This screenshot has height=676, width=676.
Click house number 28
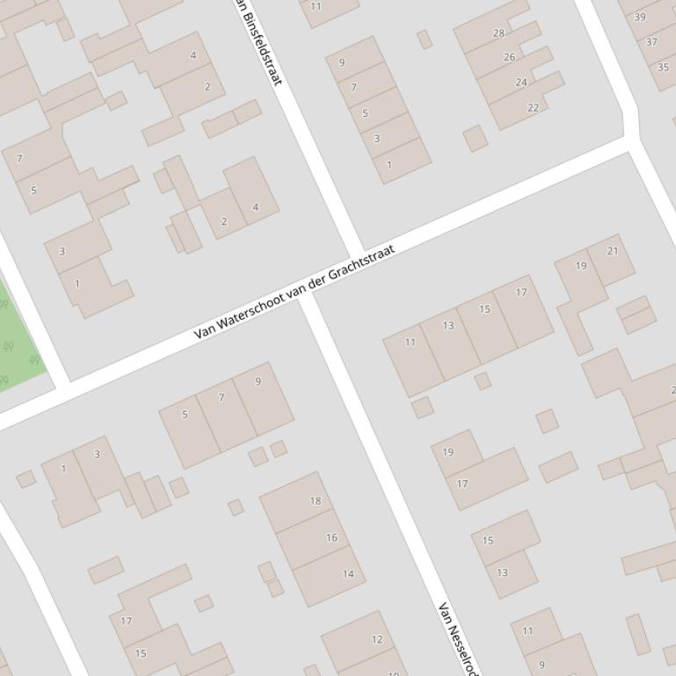pos(498,33)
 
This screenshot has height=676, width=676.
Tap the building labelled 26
pos(509,57)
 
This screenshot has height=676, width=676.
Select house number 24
pos(520,83)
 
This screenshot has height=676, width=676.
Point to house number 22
pos(533,107)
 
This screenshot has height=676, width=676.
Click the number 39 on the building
pos(639,17)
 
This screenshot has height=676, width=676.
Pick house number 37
pos(651,41)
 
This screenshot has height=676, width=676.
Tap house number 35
pos(663,67)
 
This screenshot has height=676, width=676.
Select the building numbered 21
pos(613,251)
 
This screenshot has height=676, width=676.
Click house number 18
pos(316,500)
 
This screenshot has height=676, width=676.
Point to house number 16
pos(331,537)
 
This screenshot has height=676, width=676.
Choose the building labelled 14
pos(348,574)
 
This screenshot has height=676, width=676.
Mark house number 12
pos(377,639)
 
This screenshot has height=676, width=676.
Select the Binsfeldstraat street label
pos(261,48)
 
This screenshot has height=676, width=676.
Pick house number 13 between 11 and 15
pos(448,325)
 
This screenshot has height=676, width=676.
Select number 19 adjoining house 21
pos(581,265)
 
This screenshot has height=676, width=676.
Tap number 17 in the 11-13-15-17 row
pos(521,292)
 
